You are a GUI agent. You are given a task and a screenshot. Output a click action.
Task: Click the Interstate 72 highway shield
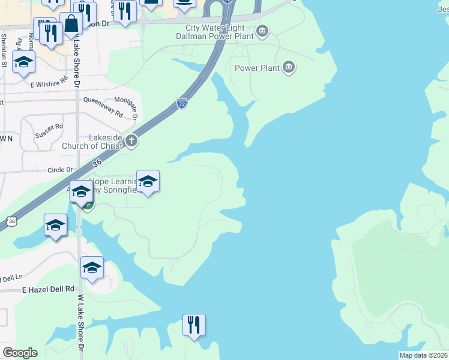click(x=182, y=103)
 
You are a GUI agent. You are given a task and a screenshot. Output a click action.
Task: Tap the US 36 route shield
click(x=11, y=221)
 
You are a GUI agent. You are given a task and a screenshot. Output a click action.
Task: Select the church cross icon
click(x=131, y=142)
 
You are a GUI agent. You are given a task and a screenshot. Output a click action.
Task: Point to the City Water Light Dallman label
click(x=219, y=31)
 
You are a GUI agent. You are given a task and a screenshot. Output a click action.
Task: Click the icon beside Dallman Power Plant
click(x=262, y=31)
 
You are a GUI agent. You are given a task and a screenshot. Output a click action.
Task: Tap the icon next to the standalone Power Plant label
click(x=289, y=67)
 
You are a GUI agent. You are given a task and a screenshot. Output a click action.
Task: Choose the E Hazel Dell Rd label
click(x=48, y=289)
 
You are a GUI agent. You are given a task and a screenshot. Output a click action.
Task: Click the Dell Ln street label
click(x=11, y=278)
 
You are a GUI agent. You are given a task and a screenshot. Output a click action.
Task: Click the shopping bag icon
click(x=71, y=23)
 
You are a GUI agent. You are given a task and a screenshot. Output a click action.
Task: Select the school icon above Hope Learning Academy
click(x=147, y=181)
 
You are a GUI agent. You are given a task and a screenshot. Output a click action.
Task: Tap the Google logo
click(x=20, y=353)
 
